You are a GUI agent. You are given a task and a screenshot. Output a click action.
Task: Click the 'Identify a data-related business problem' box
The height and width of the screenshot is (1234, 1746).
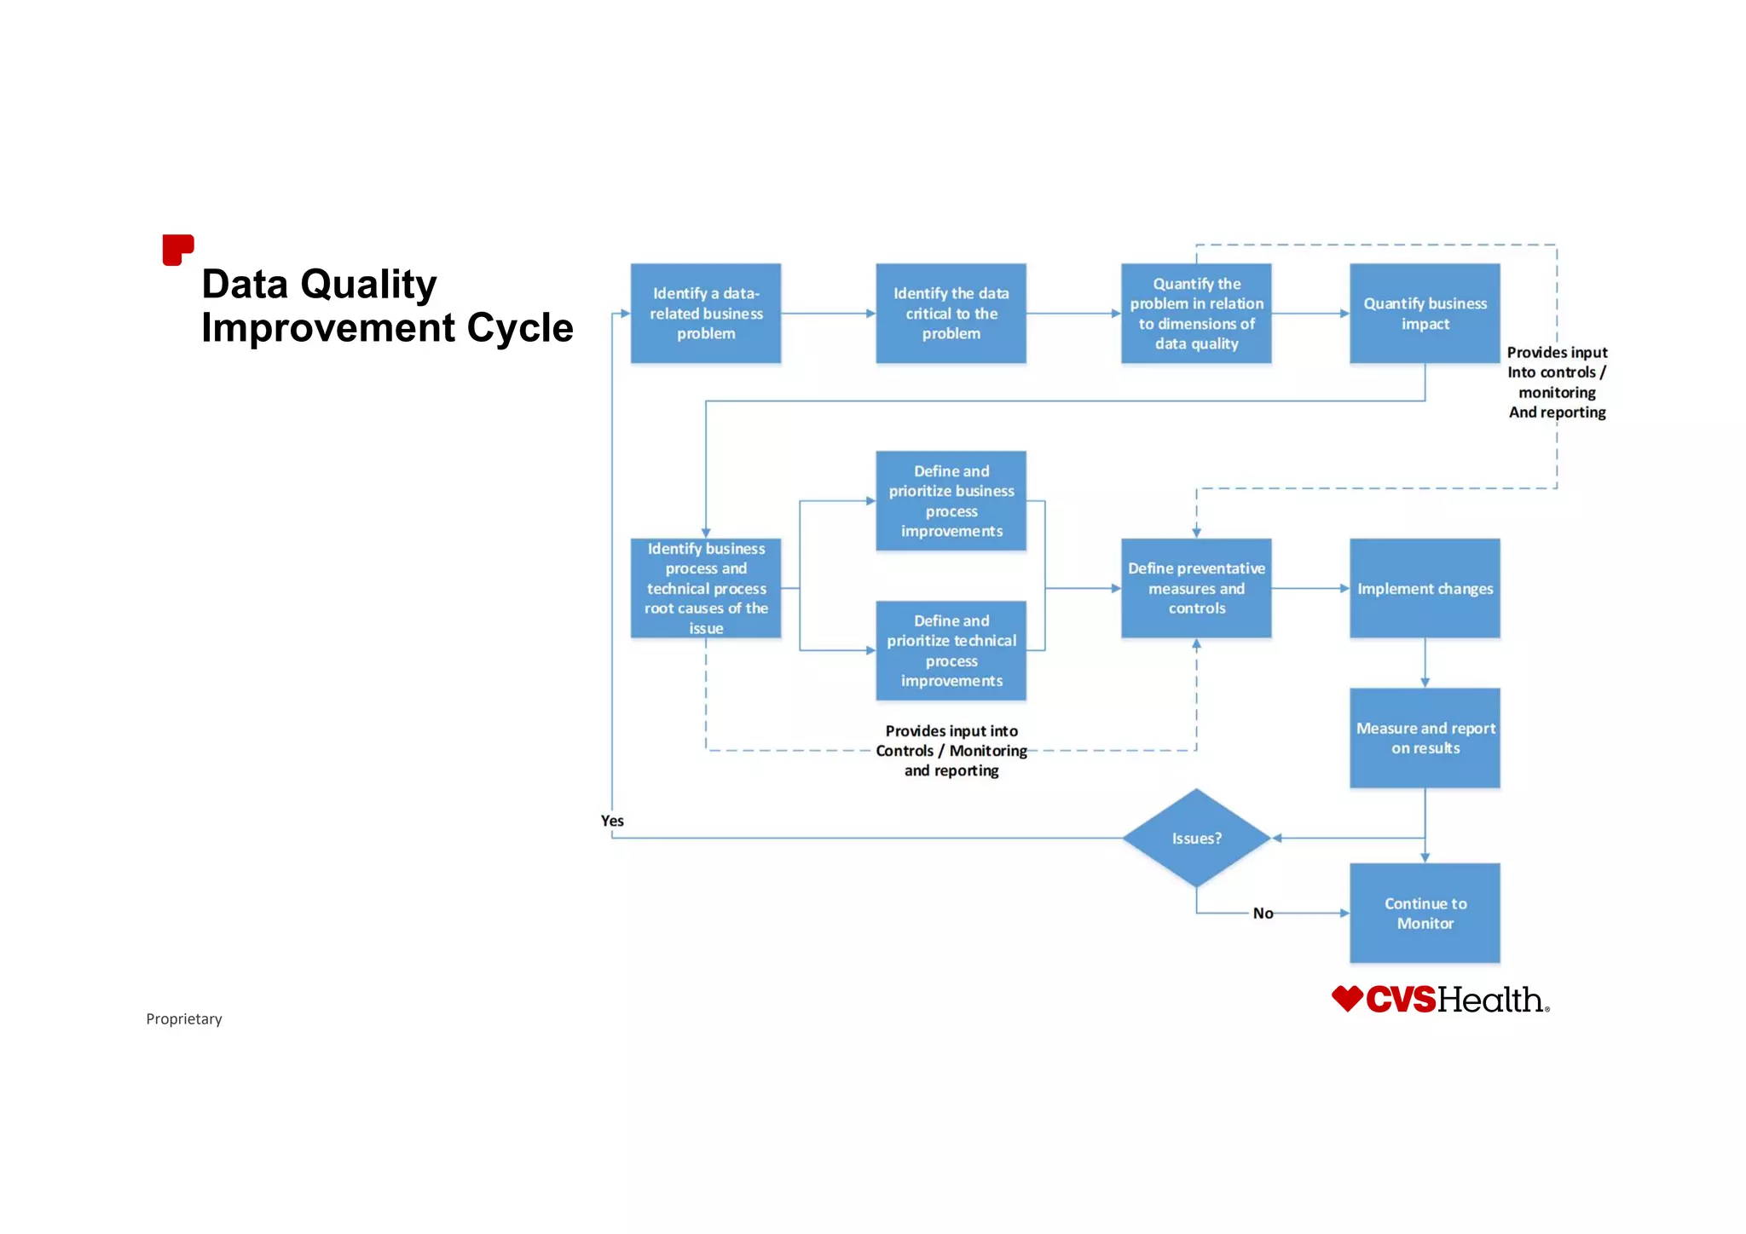click(x=705, y=314)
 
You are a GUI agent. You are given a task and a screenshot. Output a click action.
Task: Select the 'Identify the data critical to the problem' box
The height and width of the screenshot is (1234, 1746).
click(x=951, y=314)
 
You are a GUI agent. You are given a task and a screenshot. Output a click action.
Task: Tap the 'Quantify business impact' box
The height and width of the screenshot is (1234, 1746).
click(x=1425, y=314)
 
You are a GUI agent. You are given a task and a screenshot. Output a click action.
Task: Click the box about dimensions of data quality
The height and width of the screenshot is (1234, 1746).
click(x=1196, y=314)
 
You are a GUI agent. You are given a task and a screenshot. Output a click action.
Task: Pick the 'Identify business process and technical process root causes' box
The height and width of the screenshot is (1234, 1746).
click(x=705, y=588)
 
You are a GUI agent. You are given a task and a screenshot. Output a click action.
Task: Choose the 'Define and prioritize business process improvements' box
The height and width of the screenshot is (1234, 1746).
click(x=951, y=501)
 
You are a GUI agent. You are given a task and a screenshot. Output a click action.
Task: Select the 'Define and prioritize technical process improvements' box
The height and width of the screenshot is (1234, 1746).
click(x=951, y=651)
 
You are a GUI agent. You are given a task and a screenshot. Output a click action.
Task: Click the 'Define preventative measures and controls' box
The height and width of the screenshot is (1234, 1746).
click(x=1196, y=588)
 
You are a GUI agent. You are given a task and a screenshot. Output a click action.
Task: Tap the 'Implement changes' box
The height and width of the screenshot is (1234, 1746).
click(x=1425, y=588)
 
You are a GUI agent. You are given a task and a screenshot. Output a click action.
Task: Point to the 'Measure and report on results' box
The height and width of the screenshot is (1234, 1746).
click(x=1425, y=738)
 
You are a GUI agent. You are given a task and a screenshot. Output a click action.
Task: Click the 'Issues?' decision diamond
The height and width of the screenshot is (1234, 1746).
click(x=1196, y=839)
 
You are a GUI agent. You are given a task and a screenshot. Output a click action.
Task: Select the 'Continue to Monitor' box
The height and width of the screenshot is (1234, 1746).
click(x=1425, y=914)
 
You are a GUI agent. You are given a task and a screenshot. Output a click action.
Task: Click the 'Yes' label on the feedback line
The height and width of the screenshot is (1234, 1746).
click(x=612, y=821)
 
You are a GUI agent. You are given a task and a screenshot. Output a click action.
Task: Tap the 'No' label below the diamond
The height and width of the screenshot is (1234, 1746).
click(x=1263, y=914)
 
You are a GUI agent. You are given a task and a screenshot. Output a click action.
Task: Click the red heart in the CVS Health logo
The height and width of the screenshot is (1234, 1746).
click(x=1347, y=999)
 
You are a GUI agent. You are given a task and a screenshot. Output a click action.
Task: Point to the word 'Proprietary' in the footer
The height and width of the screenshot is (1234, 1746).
click(x=183, y=1019)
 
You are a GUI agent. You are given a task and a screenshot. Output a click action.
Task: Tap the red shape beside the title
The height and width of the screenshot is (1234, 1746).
click(x=177, y=250)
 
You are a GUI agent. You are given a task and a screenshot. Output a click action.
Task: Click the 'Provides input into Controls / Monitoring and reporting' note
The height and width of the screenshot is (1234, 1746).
click(x=951, y=751)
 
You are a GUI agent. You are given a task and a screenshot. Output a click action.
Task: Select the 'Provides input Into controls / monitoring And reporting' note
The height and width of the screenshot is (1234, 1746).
click(x=1557, y=383)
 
